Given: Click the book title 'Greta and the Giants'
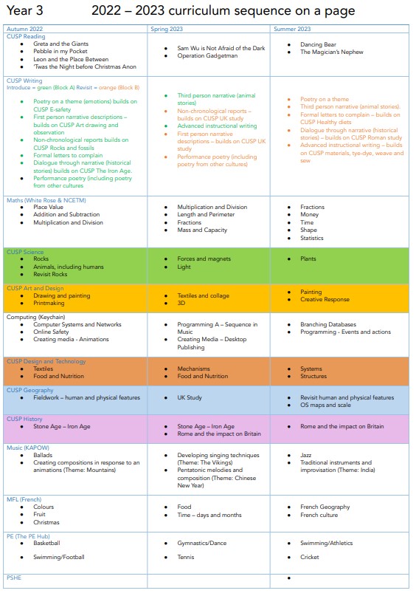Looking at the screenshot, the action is (60, 44).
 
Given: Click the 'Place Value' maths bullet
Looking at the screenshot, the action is (50, 208).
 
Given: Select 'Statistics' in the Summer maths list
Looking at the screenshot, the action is (313, 239).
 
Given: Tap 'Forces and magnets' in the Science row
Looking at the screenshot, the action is (203, 258).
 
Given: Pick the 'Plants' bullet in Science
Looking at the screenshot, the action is (308, 259).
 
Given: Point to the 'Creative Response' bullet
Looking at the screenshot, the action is (325, 300).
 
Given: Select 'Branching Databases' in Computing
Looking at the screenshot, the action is (328, 324).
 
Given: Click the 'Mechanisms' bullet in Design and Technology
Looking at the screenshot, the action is (194, 369).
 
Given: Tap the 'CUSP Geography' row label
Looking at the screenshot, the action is (30, 390).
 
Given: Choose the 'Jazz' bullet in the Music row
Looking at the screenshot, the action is (306, 455).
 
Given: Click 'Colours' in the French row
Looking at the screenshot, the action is (44, 507).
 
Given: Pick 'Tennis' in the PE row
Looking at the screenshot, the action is (186, 558).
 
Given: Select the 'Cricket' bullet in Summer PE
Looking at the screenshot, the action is (310, 558).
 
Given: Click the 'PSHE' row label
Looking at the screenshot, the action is (15, 578).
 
